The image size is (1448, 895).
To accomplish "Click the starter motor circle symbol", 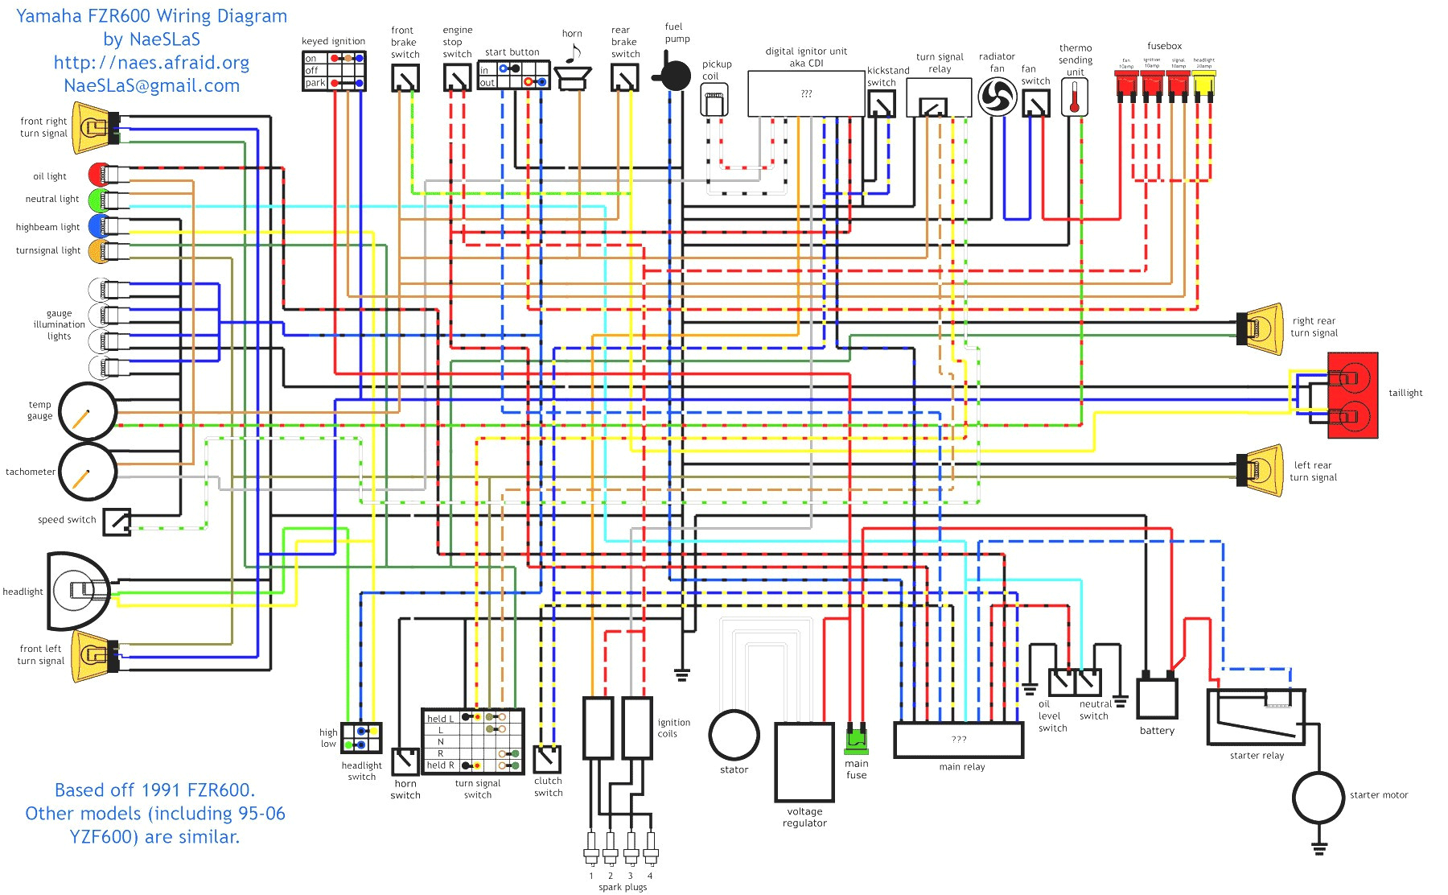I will tap(1318, 797).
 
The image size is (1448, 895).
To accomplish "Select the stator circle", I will tap(734, 735).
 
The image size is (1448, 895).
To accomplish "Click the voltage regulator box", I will tap(804, 761).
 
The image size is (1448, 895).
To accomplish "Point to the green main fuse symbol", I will tap(857, 737).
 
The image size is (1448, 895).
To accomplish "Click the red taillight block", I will tap(1353, 395).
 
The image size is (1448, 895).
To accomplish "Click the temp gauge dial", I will tap(88, 411).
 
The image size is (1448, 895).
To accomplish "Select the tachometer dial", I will tap(88, 472).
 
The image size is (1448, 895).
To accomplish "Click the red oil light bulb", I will tap(99, 175).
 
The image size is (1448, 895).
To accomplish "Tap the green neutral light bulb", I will tap(98, 199).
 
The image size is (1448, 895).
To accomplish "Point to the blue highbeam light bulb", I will tap(98, 225).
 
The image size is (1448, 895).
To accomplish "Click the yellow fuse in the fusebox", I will tap(1203, 85).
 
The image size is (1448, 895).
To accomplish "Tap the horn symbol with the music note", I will tap(573, 74).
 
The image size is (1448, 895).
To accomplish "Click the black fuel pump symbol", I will tap(674, 76).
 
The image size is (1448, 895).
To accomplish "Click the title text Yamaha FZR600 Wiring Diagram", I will tap(151, 16).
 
